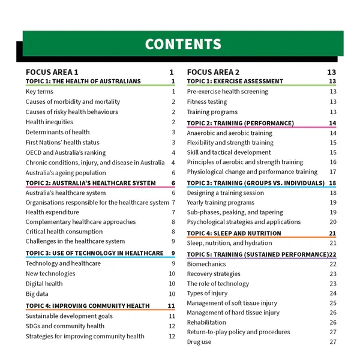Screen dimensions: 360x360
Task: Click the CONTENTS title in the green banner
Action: pyautogui.click(x=183, y=44)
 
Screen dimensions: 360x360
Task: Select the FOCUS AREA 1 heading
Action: pyautogui.click(x=52, y=72)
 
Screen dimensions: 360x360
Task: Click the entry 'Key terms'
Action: pyautogui.click(x=40, y=92)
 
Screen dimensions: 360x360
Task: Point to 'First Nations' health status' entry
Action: pyautogui.click(x=62, y=142)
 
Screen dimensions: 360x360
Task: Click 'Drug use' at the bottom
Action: pyautogui.click(x=199, y=342)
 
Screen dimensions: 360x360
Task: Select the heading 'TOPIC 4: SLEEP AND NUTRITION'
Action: pyautogui.click(x=234, y=233)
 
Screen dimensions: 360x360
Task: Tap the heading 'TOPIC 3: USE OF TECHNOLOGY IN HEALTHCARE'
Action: pyautogui.click(x=94, y=253)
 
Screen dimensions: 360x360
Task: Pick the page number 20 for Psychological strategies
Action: pyautogui.click(x=332, y=222)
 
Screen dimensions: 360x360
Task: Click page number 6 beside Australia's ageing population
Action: pyautogui.click(x=173, y=173)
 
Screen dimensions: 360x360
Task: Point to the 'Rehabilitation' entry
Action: pyautogui.click(x=206, y=322)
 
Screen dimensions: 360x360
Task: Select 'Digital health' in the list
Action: pyautogui.click(x=44, y=284)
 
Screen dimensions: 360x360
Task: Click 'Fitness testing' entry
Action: pyautogui.click(x=207, y=102)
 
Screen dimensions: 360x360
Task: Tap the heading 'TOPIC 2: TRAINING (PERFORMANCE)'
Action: pyautogui.click(x=240, y=123)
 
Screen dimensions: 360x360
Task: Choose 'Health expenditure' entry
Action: pyautogui.click(x=52, y=212)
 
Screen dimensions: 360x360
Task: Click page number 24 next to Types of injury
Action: pyautogui.click(x=332, y=293)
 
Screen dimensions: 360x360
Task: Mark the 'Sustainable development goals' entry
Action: pyautogui.click(x=69, y=316)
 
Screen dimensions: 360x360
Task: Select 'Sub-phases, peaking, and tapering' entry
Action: pyautogui.click(x=235, y=212)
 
